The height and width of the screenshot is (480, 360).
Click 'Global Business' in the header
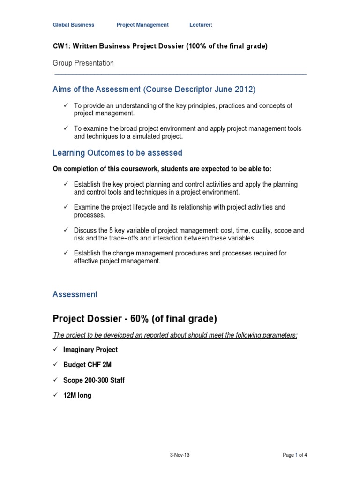pyautogui.click(x=73, y=25)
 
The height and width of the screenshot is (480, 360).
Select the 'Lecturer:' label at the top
pyautogui.click(x=201, y=25)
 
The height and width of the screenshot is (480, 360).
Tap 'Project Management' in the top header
pyautogui.click(x=142, y=25)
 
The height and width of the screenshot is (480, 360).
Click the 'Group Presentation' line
pyautogui.click(x=83, y=63)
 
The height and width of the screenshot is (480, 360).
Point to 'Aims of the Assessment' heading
pyautogui.click(x=97, y=89)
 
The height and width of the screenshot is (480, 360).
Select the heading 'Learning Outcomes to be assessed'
pyautogui.click(x=117, y=153)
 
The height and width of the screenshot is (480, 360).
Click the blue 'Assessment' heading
pyautogui.click(x=75, y=294)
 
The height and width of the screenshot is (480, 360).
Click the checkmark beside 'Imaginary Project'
pyautogui.click(x=56, y=350)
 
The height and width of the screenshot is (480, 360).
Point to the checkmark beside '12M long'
pyautogui.click(x=56, y=395)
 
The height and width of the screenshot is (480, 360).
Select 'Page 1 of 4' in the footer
pyautogui.click(x=295, y=455)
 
